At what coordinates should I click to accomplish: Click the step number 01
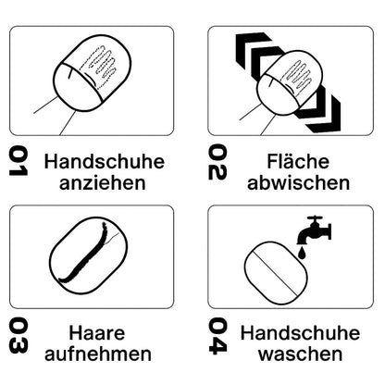click(19, 161)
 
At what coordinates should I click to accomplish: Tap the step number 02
click(217, 162)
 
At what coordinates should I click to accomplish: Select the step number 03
click(19, 336)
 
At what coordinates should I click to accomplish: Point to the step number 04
click(217, 336)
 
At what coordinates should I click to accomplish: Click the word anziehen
click(103, 183)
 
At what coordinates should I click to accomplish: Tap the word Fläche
click(298, 161)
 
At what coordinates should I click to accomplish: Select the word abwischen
click(299, 182)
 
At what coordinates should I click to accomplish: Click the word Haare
click(97, 333)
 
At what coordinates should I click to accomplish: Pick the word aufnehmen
click(98, 354)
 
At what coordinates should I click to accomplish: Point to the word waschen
click(301, 354)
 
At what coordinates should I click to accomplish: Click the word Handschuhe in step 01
click(105, 161)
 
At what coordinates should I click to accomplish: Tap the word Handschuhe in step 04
click(301, 333)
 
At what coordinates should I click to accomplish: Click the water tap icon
click(314, 230)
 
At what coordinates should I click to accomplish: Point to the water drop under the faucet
click(303, 253)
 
